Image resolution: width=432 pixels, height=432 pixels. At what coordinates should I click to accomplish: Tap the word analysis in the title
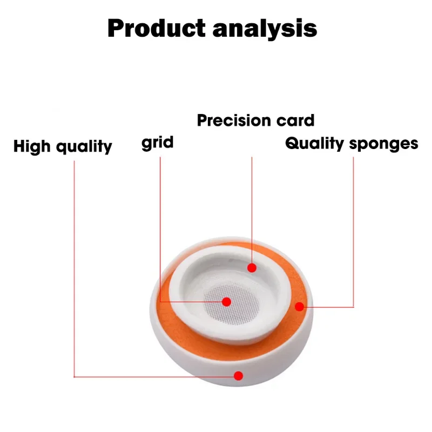click(264, 28)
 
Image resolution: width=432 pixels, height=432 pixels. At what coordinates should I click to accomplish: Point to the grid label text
click(158, 144)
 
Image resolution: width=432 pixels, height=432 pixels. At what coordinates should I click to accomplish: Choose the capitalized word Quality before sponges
click(314, 144)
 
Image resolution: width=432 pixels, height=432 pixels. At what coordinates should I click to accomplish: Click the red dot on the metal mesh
click(227, 302)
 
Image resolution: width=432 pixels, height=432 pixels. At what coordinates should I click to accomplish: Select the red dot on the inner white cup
click(251, 267)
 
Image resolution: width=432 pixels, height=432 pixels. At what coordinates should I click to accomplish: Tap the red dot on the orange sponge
click(300, 307)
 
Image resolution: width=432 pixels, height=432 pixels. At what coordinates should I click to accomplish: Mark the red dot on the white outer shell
click(238, 376)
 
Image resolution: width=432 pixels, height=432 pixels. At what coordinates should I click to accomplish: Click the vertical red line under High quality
click(74, 259)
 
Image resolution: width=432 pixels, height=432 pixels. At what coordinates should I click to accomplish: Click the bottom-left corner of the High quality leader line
click(74, 376)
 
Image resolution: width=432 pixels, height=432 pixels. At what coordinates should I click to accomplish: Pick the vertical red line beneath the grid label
click(160, 227)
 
